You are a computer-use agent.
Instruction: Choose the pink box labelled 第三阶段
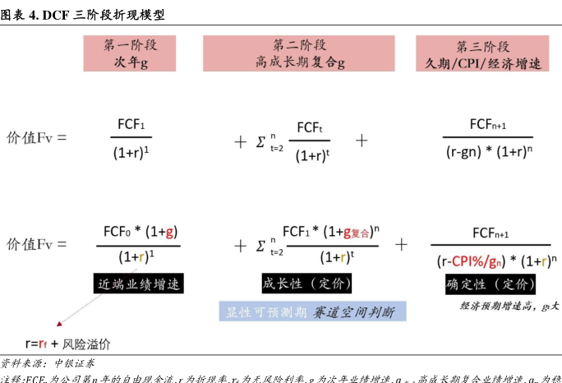coord(483,54)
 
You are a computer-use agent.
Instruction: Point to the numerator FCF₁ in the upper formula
coord(130,127)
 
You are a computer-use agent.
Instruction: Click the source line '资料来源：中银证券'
coord(48,362)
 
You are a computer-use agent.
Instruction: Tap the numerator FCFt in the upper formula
coord(309,127)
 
